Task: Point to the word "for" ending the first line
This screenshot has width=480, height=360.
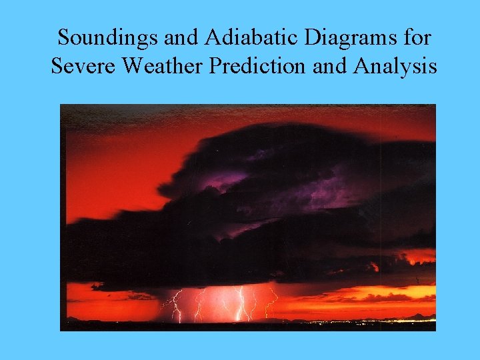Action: point(417,37)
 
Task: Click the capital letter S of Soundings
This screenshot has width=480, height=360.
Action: point(63,37)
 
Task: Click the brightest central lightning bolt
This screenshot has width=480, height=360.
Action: point(241,303)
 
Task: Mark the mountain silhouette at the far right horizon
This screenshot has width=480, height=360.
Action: point(420,317)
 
